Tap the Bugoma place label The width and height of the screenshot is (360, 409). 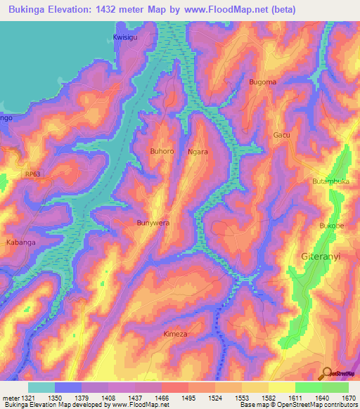pyautogui.click(x=263, y=82)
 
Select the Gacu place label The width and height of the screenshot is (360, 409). pyautogui.click(x=281, y=135)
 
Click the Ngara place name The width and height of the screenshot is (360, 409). pyautogui.click(x=198, y=151)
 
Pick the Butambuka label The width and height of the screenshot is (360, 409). pyautogui.click(x=330, y=181)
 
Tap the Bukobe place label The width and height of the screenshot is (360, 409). pyautogui.click(x=331, y=226)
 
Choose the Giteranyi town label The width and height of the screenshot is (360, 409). pyautogui.click(x=320, y=257)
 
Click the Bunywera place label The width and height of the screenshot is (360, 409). pyautogui.click(x=153, y=223)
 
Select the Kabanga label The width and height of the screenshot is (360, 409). pyautogui.click(x=21, y=242)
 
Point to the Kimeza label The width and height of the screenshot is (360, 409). pyautogui.click(x=175, y=334)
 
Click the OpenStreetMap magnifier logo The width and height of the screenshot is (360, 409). pyautogui.click(x=326, y=372)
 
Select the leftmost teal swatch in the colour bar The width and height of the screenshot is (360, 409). pyautogui.click(x=41, y=387)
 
